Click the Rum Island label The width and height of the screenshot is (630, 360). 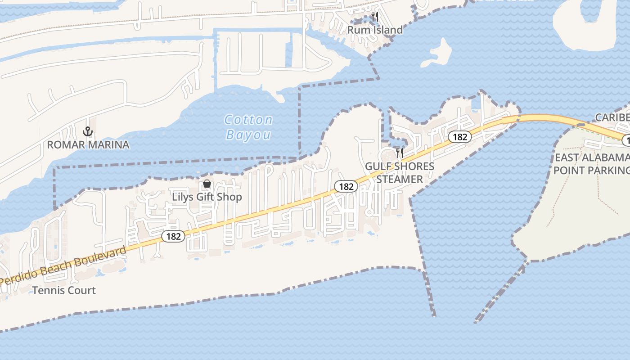(x=375, y=30)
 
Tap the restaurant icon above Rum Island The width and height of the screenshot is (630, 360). (x=374, y=17)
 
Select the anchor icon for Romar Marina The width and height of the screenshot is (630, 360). (x=88, y=131)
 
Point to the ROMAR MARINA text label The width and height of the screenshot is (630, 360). (x=88, y=144)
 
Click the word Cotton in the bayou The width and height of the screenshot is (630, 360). (x=248, y=120)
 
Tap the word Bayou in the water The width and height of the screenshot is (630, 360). (x=248, y=135)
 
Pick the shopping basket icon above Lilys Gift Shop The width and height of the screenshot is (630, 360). (x=207, y=184)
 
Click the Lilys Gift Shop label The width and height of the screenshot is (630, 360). (x=207, y=197)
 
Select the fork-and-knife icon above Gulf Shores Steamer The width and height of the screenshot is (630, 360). (x=399, y=153)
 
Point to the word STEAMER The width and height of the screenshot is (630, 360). (x=400, y=179)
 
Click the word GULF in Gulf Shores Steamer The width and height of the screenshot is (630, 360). (x=377, y=166)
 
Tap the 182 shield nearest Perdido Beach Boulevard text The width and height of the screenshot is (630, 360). (x=173, y=236)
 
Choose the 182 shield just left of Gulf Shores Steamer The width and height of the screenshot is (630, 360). (x=346, y=186)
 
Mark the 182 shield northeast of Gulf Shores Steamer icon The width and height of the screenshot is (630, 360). (x=459, y=136)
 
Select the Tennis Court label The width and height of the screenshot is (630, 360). (x=64, y=290)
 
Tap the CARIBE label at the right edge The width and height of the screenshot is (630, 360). (x=612, y=117)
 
